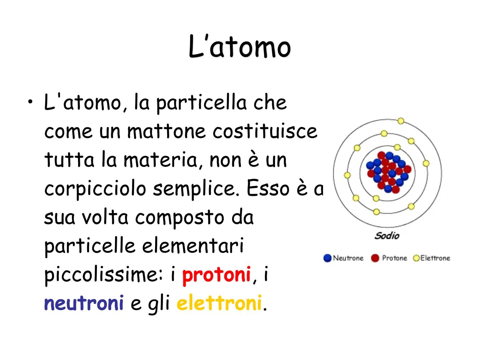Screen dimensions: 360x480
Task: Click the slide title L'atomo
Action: [240, 47]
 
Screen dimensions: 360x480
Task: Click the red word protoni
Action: [216, 275]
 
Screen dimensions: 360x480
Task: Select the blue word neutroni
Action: [84, 303]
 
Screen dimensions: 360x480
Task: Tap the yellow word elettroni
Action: [219, 303]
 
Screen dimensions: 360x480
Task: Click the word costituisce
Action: [265, 131]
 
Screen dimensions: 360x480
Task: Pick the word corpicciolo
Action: [95, 189]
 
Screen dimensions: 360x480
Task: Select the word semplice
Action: [196, 189]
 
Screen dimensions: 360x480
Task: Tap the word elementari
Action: [193, 246]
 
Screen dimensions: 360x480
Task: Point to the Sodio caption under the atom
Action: [387, 236]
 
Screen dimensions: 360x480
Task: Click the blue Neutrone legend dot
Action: [327, 258]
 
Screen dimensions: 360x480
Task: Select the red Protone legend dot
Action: [375, 258]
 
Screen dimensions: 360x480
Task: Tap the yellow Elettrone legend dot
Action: [416, 258]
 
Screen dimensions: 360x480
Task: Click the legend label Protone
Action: [394, 258]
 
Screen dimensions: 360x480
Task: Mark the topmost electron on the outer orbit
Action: [401, 121]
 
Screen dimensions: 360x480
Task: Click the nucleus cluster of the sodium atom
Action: [389, 172]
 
